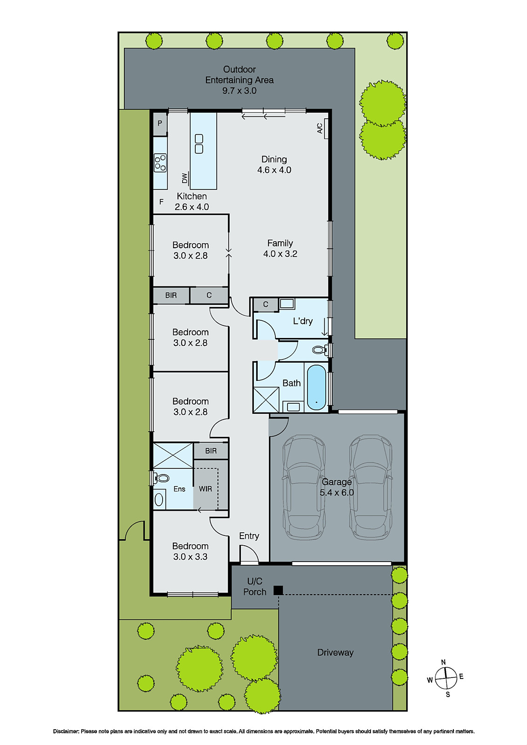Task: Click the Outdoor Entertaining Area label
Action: [x=239, y=80]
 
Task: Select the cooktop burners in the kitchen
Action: [x=160, y=163]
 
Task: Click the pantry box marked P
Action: [x=160, y=124]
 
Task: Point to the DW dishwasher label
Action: [x=185, y=178]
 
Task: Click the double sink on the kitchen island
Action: [x=199, y=144]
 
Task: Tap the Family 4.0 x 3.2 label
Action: [x=280, y=248]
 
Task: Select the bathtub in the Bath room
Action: [x=316, y=387]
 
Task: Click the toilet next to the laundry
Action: [x=319, y=350]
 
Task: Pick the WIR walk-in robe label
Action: [x=205, y=489]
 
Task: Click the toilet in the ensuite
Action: [x=161, y=478]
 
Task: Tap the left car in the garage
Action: [x=304, y=487]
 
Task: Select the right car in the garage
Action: [x=371, y=487]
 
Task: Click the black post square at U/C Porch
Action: [x=278, y=590]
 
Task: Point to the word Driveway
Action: [x=335, y=652]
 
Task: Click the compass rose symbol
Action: [x=446, y=677]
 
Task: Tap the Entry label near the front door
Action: [x=249, y=536]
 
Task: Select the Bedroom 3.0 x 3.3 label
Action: [x=190, y=551]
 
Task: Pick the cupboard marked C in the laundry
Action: [x=266, y=305]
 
